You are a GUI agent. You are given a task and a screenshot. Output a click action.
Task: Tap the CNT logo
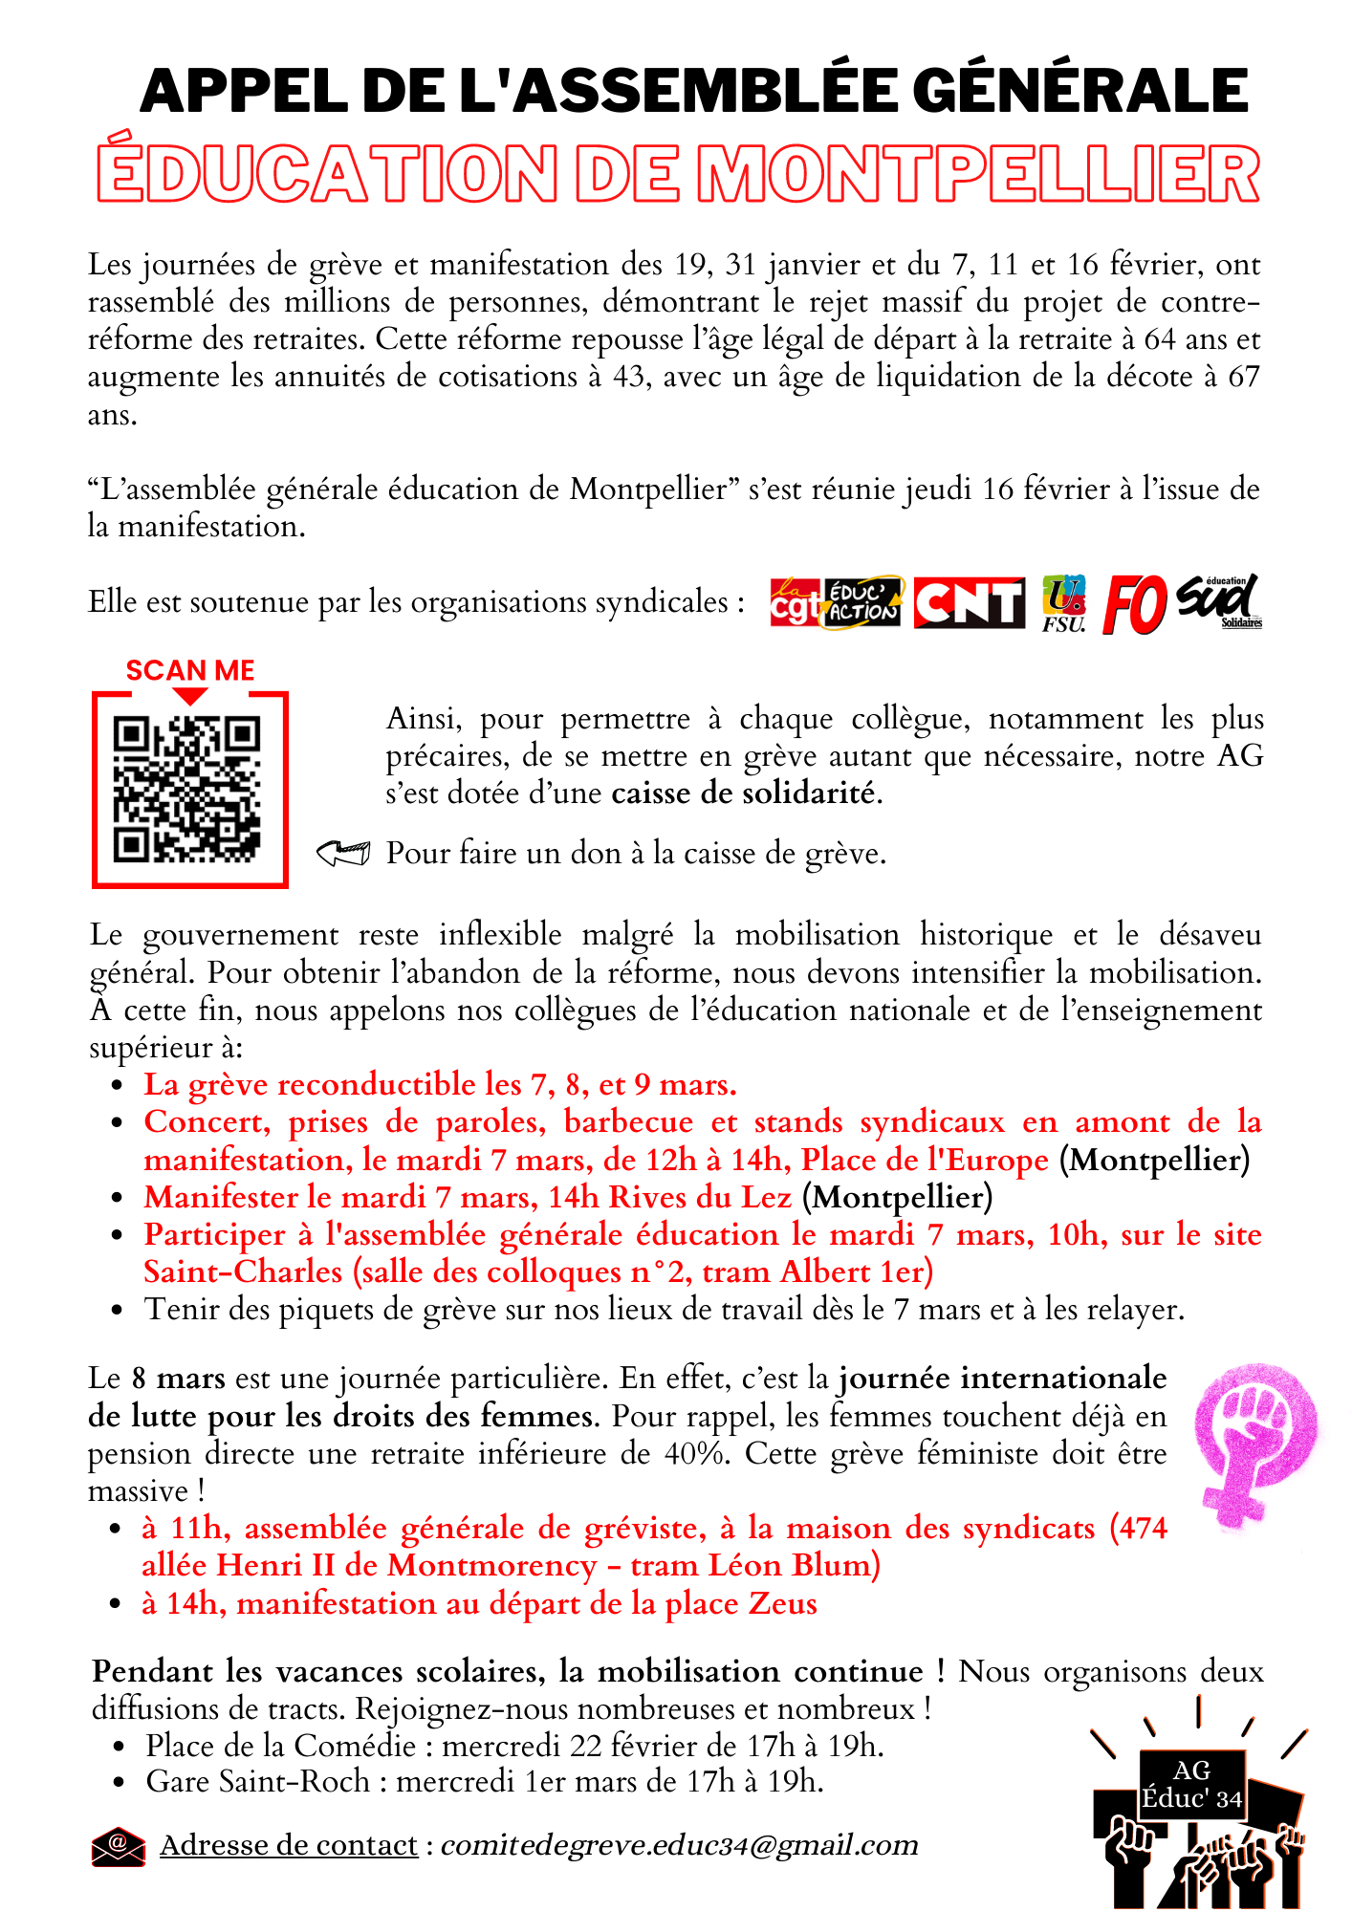click(x=969, y=603)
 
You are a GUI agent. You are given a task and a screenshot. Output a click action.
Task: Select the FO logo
click(x=1135, y=604)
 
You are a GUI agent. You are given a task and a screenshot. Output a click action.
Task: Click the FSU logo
click(x=1063, y=603)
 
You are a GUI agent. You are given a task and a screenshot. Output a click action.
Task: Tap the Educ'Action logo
click(x=861, y=603)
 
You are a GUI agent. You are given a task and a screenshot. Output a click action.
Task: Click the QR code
click(x=187, y=789)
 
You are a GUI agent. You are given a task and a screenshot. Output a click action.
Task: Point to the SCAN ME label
click(x=190, y=670)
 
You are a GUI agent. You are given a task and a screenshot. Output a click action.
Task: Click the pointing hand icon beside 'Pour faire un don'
click(x=343, y=853)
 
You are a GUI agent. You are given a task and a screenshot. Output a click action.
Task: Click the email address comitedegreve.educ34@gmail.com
click(x=679, y=1845)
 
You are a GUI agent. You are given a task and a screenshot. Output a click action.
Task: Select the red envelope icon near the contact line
click(x=118, y=1845)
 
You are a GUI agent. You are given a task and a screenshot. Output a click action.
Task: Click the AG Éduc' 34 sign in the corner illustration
click(x=1191, y=1784)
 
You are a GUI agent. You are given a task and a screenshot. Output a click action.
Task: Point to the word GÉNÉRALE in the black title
click(x=1080, y=91)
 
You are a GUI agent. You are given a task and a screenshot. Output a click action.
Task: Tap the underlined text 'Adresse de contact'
click(x=289, y=1845)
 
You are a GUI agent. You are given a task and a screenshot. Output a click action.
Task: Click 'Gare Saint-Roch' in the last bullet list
click(x=257, y=1781)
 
